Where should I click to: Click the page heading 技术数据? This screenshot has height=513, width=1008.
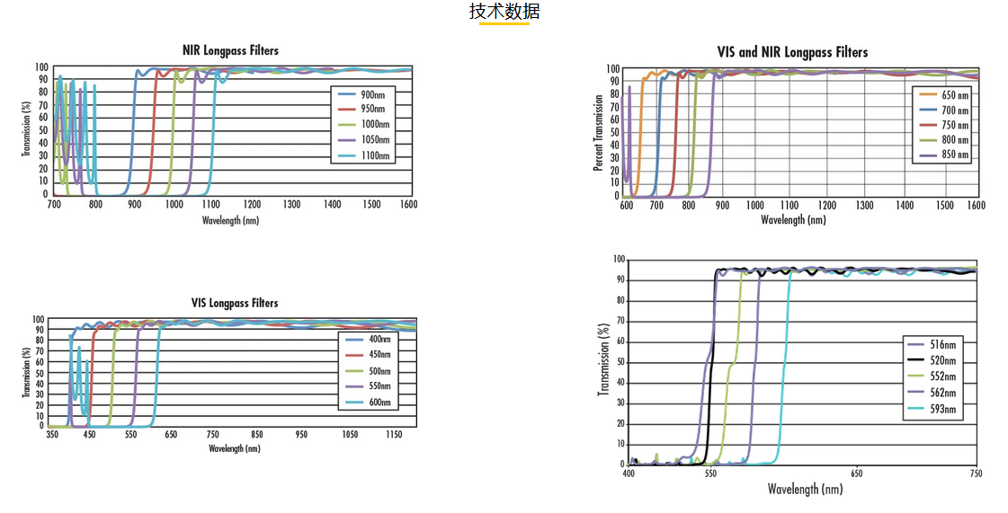504,12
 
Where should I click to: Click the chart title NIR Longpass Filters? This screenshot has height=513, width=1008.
231,50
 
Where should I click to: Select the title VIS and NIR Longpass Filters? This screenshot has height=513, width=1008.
792,52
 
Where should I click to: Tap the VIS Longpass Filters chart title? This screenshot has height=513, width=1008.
235,303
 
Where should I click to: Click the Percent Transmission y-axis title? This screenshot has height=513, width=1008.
598,133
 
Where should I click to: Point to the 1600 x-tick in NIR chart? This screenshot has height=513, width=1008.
408,205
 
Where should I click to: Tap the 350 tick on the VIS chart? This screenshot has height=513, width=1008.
53,434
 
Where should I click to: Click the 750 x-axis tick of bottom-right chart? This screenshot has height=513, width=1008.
976,473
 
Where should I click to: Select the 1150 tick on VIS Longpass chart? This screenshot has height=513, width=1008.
392,434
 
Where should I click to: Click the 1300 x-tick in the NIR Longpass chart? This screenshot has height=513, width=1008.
292,205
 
